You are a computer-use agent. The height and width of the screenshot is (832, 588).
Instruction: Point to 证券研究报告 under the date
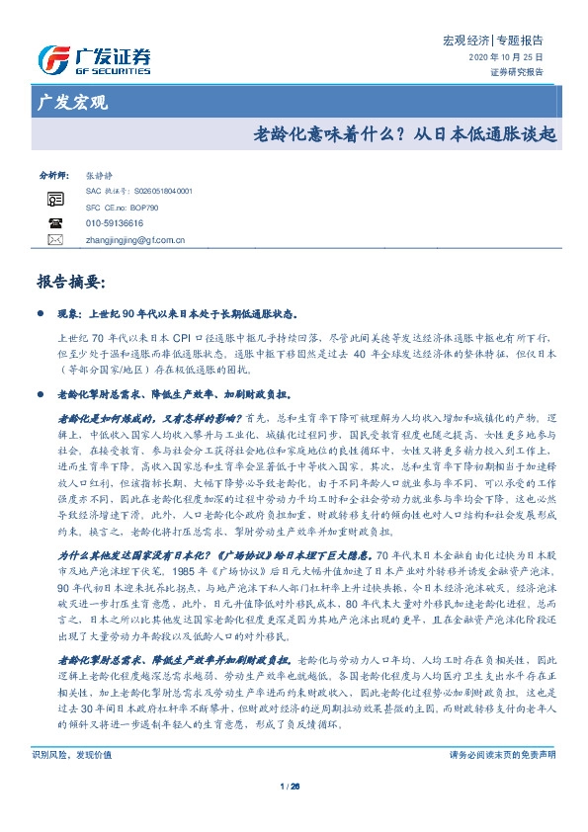point(517,72)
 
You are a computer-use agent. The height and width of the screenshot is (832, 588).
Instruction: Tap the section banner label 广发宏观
point(71,103)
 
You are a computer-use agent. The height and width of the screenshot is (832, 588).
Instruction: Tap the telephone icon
point(54,223)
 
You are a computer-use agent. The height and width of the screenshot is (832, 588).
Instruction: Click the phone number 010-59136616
point(115,223)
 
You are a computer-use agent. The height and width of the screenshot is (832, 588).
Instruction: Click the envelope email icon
point(54,240)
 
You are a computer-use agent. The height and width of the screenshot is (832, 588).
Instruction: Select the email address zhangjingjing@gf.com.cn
point(135,240)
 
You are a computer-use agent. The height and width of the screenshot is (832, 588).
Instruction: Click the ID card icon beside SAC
point(54,199)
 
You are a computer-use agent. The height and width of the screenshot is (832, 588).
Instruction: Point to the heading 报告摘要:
point(69,283)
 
